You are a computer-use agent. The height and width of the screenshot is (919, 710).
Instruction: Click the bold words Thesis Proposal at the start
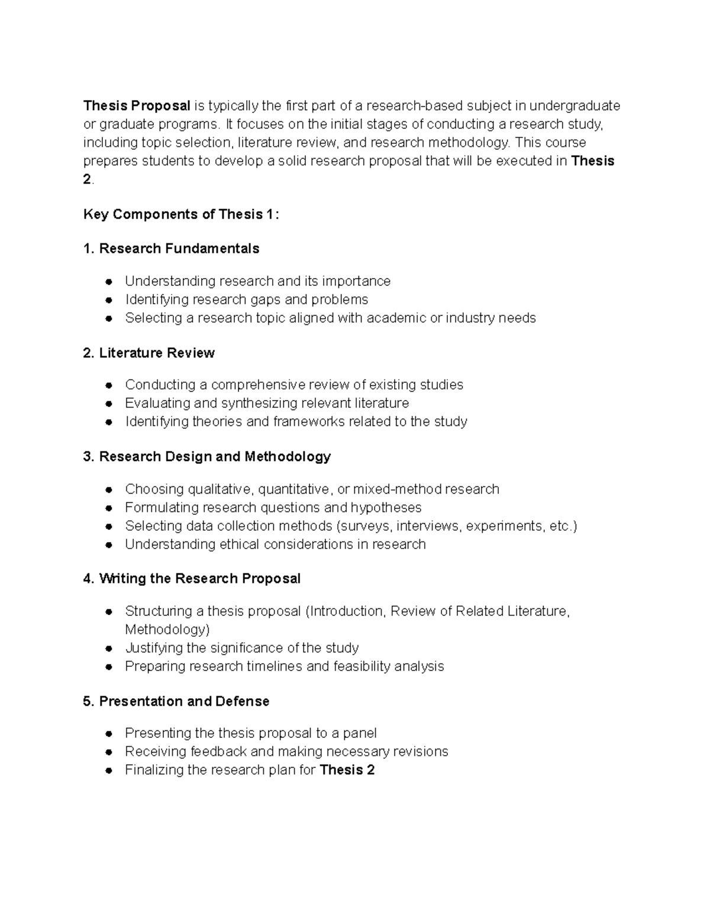point(137,106)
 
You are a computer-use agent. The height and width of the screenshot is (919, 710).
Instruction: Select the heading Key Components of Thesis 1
point(180,214)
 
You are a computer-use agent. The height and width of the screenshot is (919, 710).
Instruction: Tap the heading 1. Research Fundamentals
point(172,249)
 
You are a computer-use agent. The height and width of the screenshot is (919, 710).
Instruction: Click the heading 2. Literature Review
point(149,353)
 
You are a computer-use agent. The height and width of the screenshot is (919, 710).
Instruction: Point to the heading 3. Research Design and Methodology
point(207,456)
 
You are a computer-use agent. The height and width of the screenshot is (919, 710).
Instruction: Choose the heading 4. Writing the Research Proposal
point(192,578)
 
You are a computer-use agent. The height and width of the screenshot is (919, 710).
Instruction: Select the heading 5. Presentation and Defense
point(176,701)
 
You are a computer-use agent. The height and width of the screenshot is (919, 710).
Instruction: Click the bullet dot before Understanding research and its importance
point(109,281)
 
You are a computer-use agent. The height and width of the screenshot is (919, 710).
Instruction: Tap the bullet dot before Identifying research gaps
point(109,300)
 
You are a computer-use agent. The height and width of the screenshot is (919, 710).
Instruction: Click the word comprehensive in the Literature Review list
point(258,385)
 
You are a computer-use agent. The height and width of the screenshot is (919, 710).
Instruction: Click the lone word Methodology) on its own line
point(167,629)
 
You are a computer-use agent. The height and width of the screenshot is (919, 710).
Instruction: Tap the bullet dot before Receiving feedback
point(109,752)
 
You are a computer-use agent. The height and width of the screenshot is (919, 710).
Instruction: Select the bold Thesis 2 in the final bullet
point(347,770)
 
